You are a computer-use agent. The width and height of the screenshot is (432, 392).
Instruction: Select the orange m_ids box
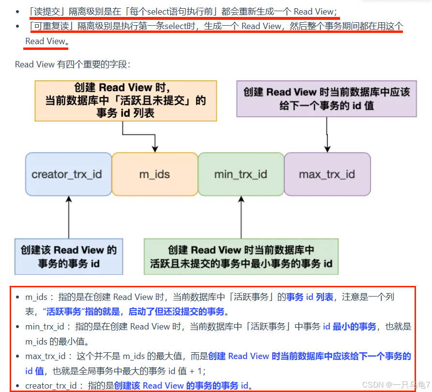coord(154,174)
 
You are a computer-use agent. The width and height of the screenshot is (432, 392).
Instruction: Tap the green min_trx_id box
coord(241,174)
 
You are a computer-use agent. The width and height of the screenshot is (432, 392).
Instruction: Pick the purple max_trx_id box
coord(327,174)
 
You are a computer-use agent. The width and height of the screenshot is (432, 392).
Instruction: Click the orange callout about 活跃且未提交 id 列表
coord(125,101)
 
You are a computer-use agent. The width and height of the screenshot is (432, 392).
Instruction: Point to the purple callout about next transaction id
coord(326,99)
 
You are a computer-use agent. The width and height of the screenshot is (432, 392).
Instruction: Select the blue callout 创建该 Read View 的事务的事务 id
coord(69,257)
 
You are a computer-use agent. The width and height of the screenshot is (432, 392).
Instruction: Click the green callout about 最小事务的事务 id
coord(241,257)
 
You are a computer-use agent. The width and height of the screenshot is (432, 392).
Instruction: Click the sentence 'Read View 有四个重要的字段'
coord(73,64)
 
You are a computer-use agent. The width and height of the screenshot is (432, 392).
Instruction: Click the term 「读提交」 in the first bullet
coord(44,11)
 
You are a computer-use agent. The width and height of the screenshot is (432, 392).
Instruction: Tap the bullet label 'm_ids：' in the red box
coord(40,297)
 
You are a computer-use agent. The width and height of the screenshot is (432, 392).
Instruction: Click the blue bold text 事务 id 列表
coord(309,297)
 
